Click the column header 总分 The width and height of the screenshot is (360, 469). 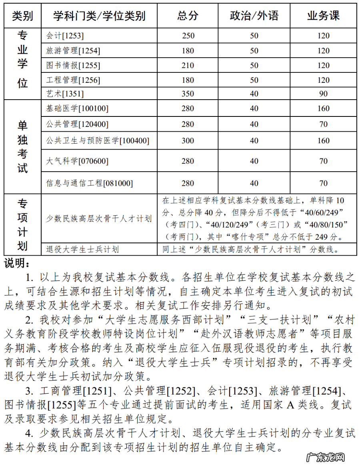point(188,16)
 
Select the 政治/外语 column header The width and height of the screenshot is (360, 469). point(254,16)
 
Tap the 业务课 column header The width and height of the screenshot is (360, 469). point(323,16)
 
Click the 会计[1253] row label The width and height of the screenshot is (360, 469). point(65,36)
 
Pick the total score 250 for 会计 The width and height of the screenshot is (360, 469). point(188,36)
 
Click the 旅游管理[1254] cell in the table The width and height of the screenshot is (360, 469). point(73,51)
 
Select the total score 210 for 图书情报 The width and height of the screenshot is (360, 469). point(188,65)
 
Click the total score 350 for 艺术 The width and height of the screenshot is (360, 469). point(188,94)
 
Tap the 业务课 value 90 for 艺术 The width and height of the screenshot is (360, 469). point(323,94)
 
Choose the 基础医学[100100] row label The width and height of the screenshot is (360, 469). point(77,108)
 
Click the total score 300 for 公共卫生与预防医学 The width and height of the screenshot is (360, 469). point(188,140)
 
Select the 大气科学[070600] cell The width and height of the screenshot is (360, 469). point(77,161)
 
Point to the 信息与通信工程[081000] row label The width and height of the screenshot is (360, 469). point(90,183)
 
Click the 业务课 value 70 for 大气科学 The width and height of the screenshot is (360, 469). point(323,161)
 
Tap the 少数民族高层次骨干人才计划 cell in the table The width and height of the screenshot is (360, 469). point(99,218)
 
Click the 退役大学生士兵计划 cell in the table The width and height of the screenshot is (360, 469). point(82,249)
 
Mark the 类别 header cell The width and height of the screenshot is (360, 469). point(22,16)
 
